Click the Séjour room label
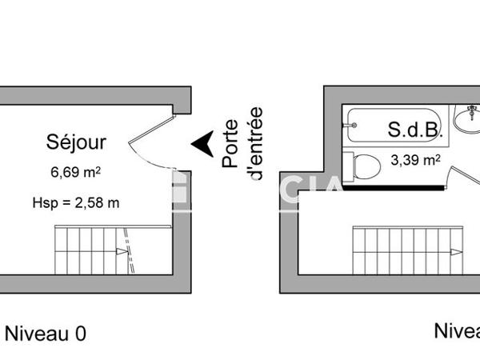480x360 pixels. point(76,143)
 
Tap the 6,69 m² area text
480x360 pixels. point(76,171)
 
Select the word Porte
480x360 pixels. point(230,144)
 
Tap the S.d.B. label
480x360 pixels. point(413,129)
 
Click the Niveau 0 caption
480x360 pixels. point(45,333)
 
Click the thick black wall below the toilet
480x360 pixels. point(392,187)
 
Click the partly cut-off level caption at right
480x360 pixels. point(457,330)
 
